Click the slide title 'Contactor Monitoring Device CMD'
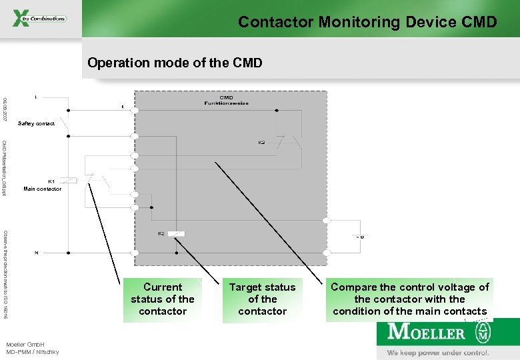point(367,22)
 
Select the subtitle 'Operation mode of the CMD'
point(175,63)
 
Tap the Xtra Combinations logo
point(40,19)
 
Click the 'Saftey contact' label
point(37,123)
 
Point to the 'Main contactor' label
point(42,189)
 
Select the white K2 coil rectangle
point(177,233)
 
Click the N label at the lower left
point(35,253)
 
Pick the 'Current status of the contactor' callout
point(163,299)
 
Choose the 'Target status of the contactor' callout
point(262,299)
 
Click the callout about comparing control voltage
point(410,299)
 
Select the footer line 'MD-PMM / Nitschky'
point(33,351)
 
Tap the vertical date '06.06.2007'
point(5,108)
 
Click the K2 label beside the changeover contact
point(262,143)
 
